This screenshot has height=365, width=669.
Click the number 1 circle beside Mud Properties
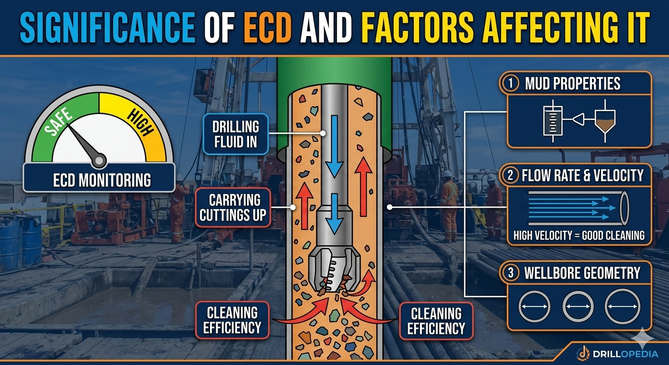[510, 84]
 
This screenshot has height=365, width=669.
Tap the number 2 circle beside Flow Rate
[510, 175]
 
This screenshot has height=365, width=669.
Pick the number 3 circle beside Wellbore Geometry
[510, 273]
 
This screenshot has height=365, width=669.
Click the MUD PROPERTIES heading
[573, 84]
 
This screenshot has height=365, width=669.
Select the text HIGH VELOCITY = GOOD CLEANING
[579, 235]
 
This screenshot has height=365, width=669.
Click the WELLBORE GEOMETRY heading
[582, 273]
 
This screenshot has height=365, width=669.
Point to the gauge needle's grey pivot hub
[99, 161]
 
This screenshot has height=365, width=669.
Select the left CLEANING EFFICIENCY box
[232, 320]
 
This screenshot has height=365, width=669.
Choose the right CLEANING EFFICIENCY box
[436, 321]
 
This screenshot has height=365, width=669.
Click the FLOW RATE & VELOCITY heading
[582, 176]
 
